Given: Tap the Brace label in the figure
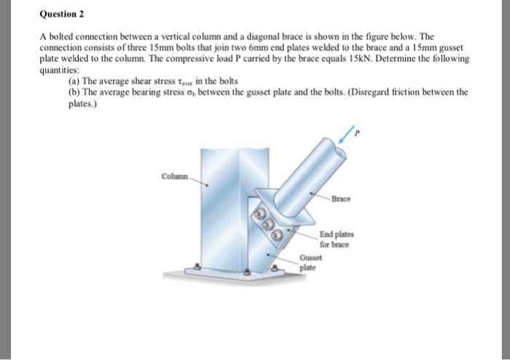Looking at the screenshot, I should [x=340, y=198].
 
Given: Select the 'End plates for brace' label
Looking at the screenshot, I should [x=334, y=240].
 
